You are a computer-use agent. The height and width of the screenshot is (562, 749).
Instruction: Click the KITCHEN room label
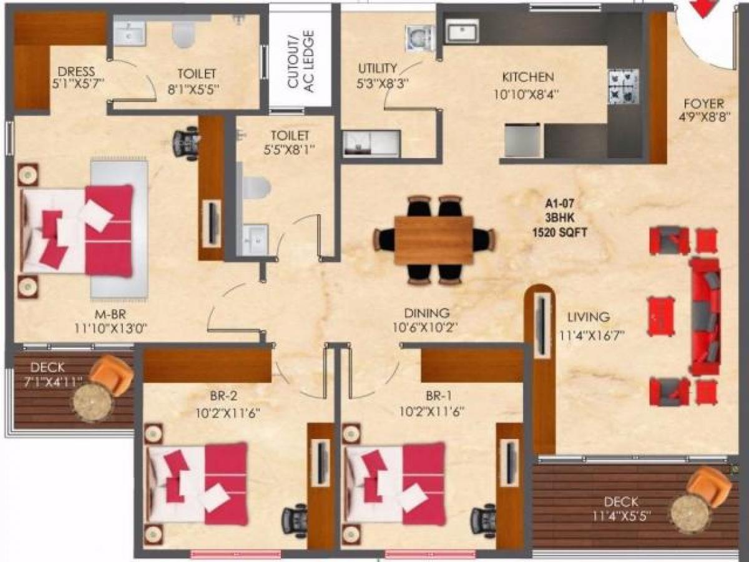(x=528, y=77)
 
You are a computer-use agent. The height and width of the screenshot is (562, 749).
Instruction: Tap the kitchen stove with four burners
(x=622, y=86)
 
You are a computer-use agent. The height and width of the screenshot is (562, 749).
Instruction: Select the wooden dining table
(x=433, y=240)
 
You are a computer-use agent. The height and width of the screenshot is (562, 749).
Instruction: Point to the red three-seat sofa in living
(x=705, y=316)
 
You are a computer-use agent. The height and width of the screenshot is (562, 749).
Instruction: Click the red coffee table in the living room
(x=661, y=315)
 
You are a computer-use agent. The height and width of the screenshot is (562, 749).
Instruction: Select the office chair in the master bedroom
(x=186, y=143)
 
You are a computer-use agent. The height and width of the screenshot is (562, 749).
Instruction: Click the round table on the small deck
(x=93, y=402)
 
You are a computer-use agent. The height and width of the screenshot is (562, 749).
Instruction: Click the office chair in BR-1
(x=484, y=519)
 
